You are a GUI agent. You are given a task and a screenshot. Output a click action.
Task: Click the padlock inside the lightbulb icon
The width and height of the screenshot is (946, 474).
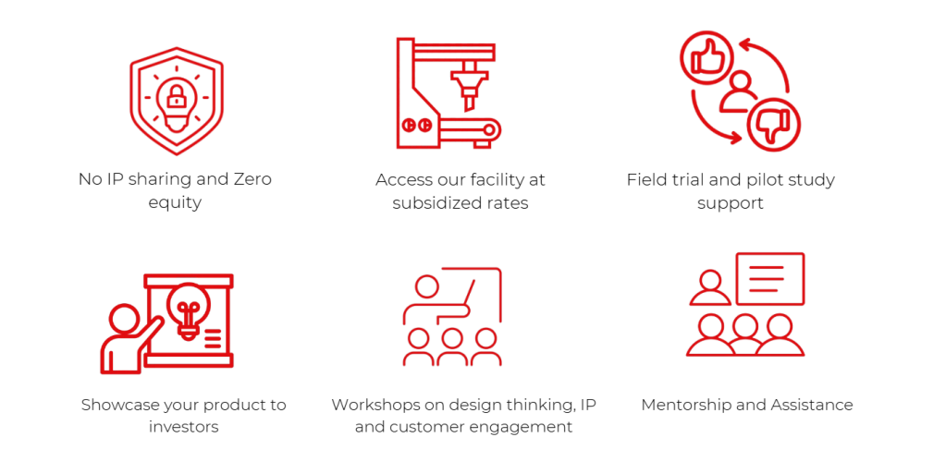point(176,95)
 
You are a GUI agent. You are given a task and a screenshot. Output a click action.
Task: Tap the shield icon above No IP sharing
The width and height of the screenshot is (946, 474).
point(176,100)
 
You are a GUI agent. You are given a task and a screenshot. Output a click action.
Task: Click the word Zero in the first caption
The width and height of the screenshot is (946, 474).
point(249,179)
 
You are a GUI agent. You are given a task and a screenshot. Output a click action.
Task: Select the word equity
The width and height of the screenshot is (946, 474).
point(175,202)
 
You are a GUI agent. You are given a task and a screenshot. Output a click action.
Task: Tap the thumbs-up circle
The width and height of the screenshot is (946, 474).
point(706,57)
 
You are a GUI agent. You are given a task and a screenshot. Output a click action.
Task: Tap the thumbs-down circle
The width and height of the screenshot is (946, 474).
point(775,125)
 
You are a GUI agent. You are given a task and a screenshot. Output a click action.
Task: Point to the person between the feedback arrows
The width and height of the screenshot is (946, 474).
point(739,91)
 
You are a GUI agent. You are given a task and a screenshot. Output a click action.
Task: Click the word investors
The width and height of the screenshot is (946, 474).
point(183,427)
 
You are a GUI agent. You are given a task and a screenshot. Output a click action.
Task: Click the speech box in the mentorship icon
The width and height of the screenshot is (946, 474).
point(769,278)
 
